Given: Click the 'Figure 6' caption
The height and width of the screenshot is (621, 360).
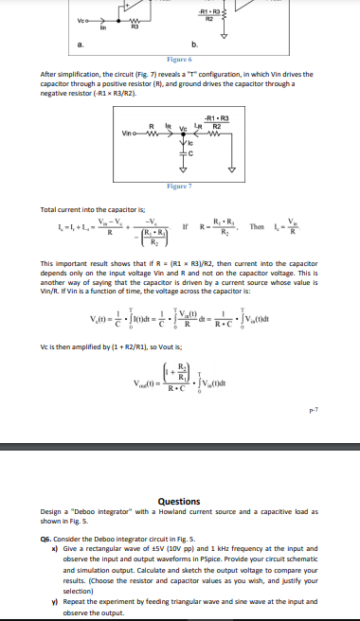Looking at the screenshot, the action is click(179, 59).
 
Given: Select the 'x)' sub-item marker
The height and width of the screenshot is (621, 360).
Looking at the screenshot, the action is click(56, 541).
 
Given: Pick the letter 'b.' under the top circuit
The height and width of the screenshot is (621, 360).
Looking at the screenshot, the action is click(194, 44).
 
